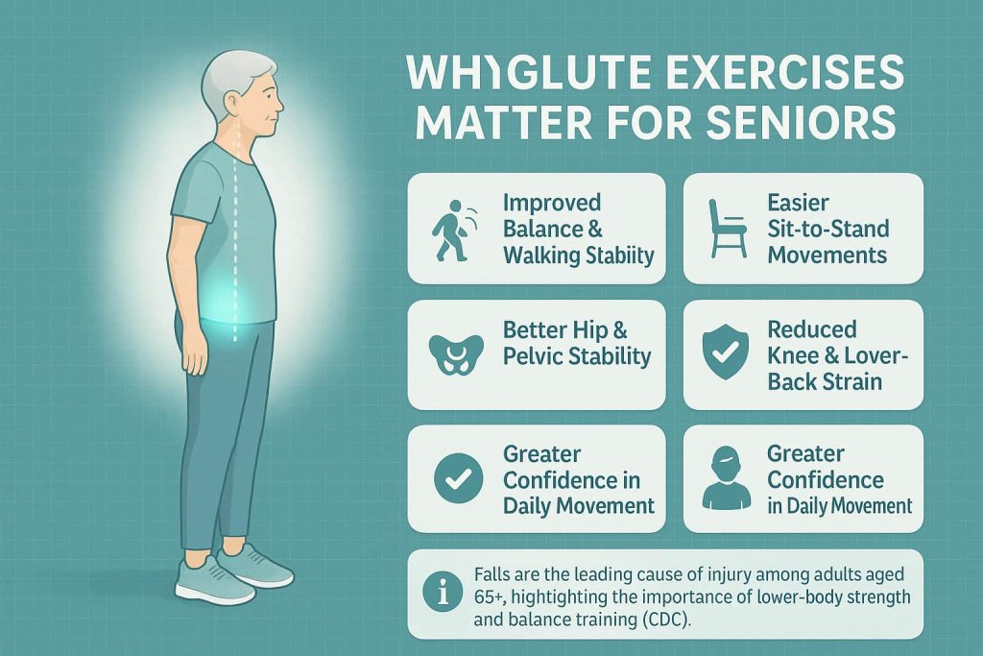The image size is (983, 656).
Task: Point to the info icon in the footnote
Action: click(444, 594)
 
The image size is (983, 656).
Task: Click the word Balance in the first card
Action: click(543, 230)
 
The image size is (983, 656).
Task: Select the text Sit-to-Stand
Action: click(828, 230)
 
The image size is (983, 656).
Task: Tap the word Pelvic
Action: click(535, 356)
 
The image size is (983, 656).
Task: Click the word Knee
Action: click(793, 356)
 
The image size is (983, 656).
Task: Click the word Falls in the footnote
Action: click(493, 573)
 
